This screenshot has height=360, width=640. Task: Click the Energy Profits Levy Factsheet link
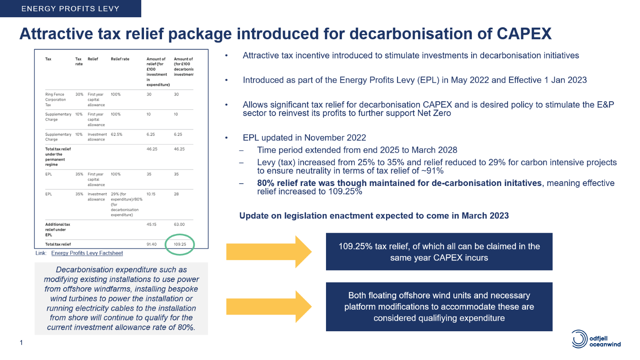pyautogui.click(x=87, y=253)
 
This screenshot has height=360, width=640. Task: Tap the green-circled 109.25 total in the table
pyautogui.click(x=180, y=244)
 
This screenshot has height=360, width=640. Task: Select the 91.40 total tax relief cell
pyautogui.click(x=152, y=244)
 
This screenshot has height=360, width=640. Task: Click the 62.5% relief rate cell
pyautogui.click(x=116, y=134)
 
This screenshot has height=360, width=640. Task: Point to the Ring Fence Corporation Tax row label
pyautogui.click(x=56, y=100)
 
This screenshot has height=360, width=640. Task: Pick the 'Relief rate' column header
pyautogui.click(x=120, y=59)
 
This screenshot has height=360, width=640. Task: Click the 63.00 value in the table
pyautogui.click(x=179, y=224)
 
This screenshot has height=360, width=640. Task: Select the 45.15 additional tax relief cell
pyautogui.click(x=152, y=224)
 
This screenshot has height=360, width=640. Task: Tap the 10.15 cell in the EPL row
pyautogui.click(x=151, y=194)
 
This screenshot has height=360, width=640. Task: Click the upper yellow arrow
pyautogui.click(x=269, y=252)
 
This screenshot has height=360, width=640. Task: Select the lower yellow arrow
pyautogui.click(x=269, y=306)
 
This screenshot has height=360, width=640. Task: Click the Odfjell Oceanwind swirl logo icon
pyautogui.click(x=580, y=339)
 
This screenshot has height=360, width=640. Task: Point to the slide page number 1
pyautogui.click(x=21, y=342)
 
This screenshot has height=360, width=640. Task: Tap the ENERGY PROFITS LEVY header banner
pyautogui.click(x=70, y=8)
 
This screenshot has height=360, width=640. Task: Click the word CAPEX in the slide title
pyautogui.click(x=524, y=34)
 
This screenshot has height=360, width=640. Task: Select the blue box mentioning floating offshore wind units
pyautogui.click(x=439, y=307)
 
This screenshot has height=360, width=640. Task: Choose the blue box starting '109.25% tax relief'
pyautogui.click(x=439, y=252)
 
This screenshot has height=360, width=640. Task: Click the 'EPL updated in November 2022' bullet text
pyautogui.click(x=304, y=138)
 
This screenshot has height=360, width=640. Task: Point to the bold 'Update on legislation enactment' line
pyautogui.click(x=374, y=216)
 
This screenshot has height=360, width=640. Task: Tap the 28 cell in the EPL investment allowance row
pyautogui.click(x=176, y=194)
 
